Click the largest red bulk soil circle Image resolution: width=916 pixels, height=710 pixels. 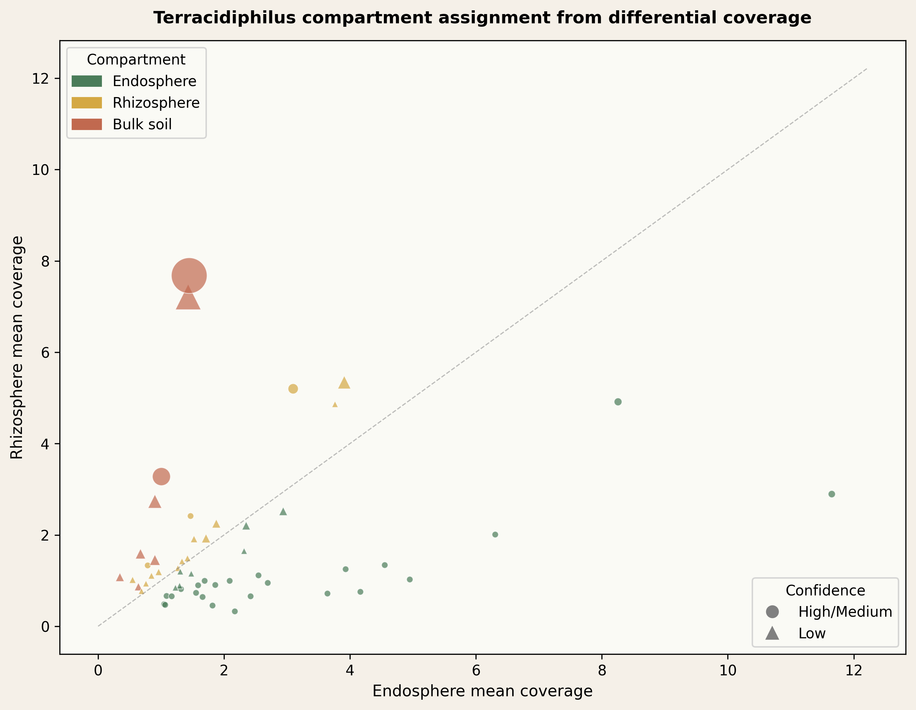click(x=189, y=275)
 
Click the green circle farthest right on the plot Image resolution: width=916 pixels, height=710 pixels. click(x=832, y=494)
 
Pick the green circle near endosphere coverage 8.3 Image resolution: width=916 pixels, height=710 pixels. click(x=618, y=402)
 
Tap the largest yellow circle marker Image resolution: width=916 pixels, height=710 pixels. click(x=293, y=389)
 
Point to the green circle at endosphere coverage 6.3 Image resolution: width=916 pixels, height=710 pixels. click(x=495, y=535)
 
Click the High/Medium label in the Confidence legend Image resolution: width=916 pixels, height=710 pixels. click(x=845, y=612)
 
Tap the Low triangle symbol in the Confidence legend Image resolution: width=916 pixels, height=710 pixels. click(x=772, y=634)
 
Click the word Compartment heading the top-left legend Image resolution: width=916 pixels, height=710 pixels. click(x=136, y=60)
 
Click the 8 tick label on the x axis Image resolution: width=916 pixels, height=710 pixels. click(x=602, y=671)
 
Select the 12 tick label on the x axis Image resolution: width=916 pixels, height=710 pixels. click(x=854, y=671)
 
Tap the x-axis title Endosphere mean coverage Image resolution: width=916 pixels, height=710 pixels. click(x=482, y=691)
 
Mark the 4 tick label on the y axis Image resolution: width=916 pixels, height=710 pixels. click(x=45, y=444)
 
